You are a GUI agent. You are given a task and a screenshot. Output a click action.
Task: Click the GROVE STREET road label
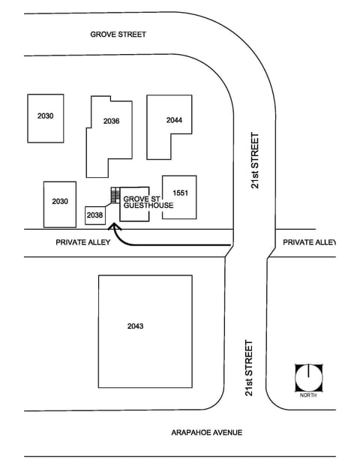[118, 35]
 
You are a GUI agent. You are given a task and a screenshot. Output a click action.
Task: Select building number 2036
[112, 121]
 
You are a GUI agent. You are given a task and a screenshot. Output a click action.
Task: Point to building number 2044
[175, 120]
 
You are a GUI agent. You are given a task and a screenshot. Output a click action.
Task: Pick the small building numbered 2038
[94, 215]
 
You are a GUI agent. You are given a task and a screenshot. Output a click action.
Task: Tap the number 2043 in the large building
[135, 326]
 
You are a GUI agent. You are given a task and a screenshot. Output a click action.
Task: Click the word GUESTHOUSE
[148, 206]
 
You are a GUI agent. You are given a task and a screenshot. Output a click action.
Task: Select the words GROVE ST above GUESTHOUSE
[137, 199]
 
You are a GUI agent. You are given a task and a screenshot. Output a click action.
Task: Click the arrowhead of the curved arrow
[115, 227]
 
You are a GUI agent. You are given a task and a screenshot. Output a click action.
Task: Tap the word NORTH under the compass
[307, 395]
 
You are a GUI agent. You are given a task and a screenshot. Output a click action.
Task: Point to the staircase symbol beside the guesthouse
[115, 195]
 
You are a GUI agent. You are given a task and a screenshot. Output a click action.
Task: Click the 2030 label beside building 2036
[45, 116]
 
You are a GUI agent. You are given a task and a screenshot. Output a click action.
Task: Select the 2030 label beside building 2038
[60, 202]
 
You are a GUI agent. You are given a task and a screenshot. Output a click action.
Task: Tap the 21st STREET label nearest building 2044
[256, 161]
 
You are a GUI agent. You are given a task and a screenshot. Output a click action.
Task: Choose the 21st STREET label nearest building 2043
[248, 368]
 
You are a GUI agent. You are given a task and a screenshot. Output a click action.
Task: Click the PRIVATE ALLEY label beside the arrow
[82, 242]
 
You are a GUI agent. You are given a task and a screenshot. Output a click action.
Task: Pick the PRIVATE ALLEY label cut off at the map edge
[309, 242]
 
